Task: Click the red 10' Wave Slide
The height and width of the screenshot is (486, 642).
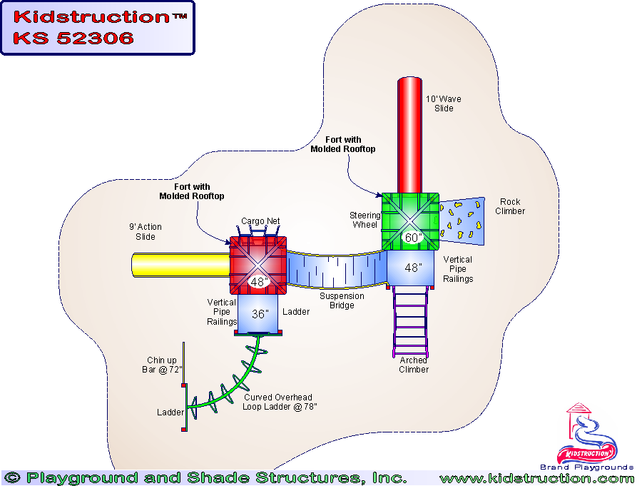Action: point(409,136)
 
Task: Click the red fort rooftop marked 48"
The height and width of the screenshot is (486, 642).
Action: point(258,264)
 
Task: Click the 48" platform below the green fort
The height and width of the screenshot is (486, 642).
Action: point(412,268)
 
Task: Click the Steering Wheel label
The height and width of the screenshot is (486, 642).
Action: point(365,220)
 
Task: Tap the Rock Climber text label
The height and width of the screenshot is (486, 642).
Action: point(510,206)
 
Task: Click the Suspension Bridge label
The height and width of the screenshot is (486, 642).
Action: point(342,300)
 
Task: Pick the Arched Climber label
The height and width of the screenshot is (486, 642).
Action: point(414,365)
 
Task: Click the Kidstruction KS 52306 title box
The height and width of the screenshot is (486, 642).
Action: point(98,28)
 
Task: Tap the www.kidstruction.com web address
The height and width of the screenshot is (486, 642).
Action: point(536,478)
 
